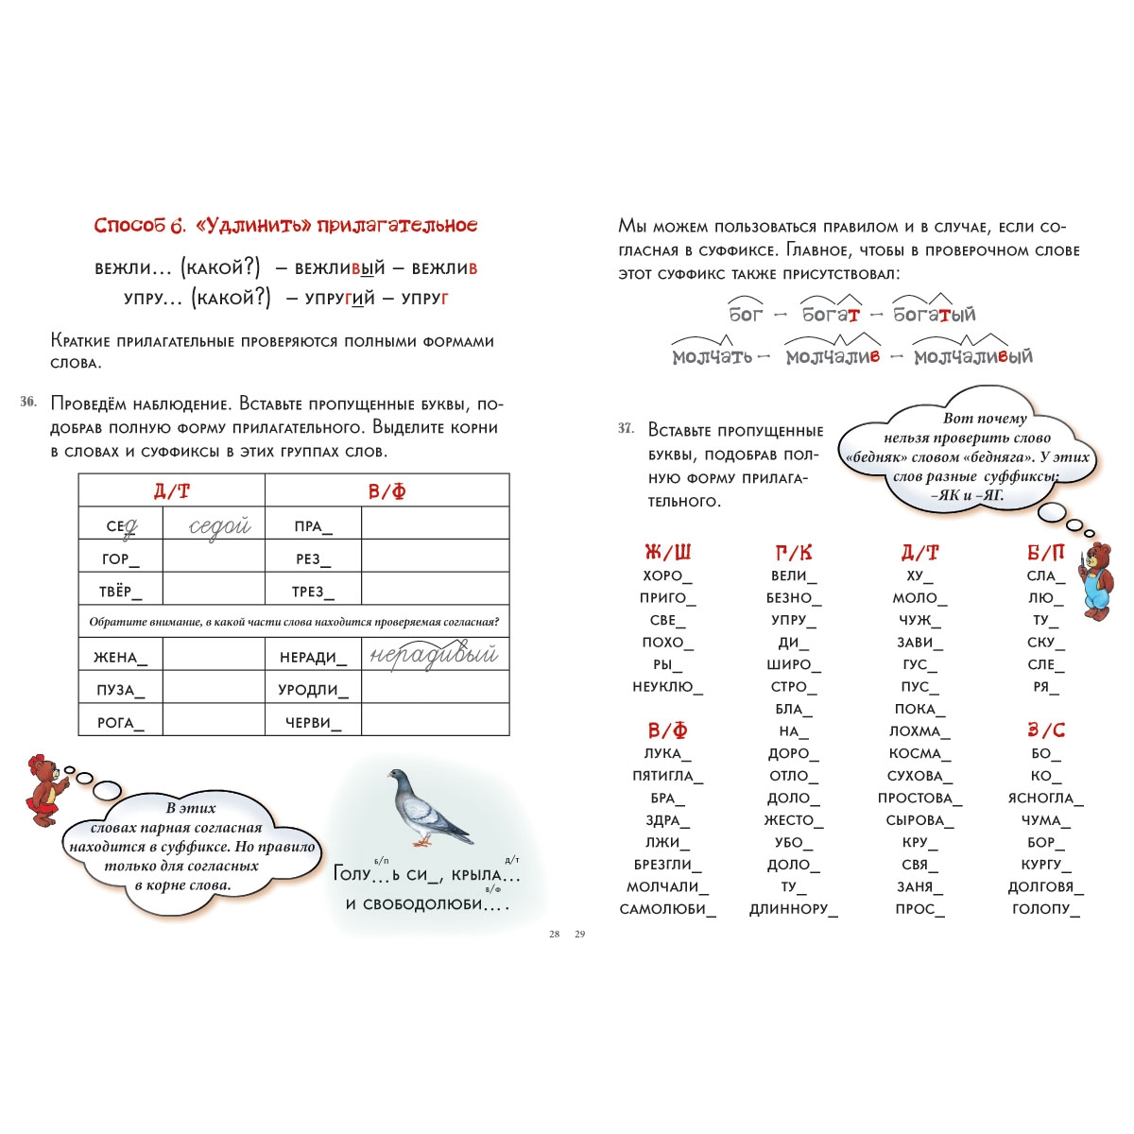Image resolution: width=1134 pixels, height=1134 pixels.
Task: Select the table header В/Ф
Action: (387, 491)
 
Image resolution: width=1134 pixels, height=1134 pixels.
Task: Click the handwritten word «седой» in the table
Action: (219, 526)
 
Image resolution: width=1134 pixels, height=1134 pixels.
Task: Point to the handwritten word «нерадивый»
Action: (434, 655)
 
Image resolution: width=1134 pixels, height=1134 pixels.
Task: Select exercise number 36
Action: (29, 403)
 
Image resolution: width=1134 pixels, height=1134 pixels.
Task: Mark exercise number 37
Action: (626, 429)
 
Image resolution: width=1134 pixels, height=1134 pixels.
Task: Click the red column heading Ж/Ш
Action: (667, 553)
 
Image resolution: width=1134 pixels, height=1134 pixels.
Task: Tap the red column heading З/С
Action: (1046, 730)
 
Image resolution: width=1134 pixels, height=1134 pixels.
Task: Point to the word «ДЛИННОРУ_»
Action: (793, 909)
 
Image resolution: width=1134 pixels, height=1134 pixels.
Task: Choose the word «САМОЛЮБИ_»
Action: (667, 909)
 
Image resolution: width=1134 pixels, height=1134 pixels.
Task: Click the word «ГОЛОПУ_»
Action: (1045, 909)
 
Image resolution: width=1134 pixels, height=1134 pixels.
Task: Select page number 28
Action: (555, 935)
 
